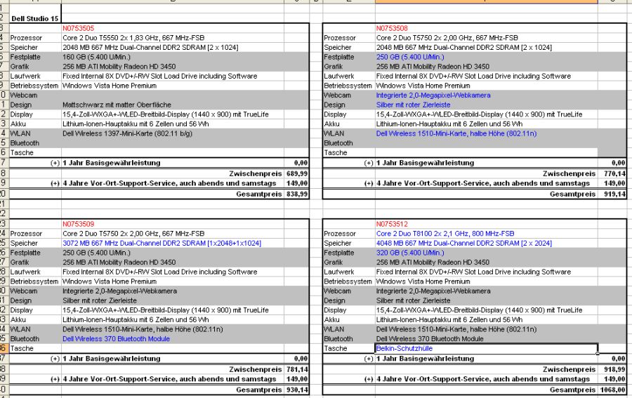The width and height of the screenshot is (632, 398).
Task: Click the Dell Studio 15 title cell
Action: pyautogui.click(x=34, y=18)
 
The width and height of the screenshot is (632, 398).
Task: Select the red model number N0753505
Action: pyautogui.click(x=78, y=28)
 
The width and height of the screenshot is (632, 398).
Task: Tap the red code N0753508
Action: pyautogui.click(x=392, y=28)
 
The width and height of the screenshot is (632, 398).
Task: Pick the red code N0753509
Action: pyautogui.click(x=78, y=224)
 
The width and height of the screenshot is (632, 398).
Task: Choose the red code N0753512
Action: pyautogui.click(x=392, y=224)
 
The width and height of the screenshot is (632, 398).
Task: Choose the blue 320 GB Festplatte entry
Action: pyautogui.click(x=410, y=253)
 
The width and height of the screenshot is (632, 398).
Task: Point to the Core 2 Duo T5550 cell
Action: pyautogui.click(x=133, y=38)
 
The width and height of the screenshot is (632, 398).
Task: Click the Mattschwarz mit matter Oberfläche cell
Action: pyautogui.click(x=117, y=105)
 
